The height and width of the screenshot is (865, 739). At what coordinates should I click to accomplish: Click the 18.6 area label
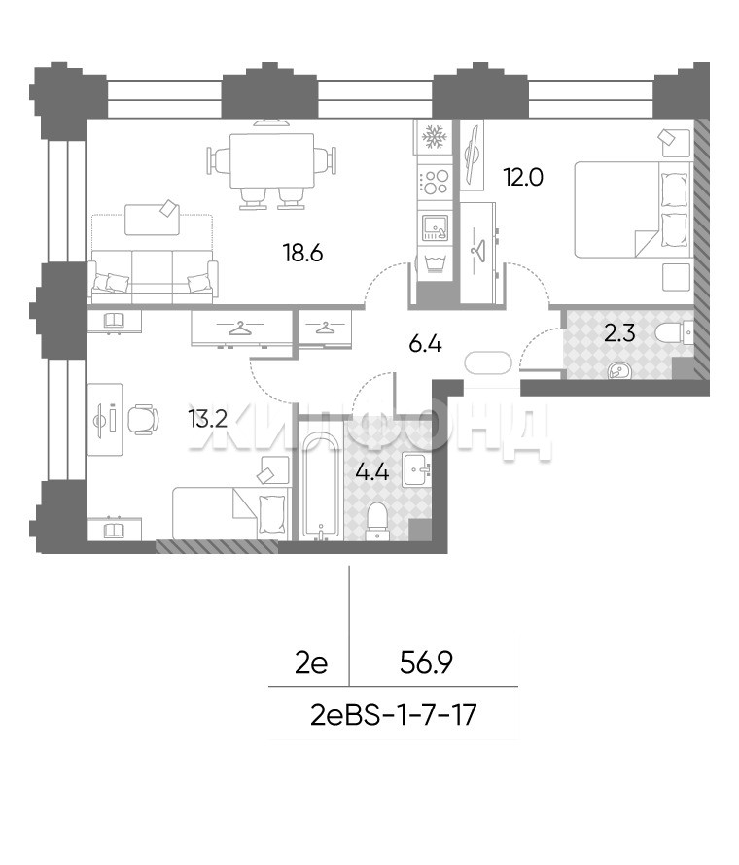302,254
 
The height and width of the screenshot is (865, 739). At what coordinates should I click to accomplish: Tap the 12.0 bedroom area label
523,178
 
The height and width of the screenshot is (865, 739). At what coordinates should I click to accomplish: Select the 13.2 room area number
207,420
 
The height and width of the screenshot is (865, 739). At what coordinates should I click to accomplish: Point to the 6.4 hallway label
425,345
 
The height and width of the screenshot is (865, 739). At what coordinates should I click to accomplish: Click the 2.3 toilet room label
619,333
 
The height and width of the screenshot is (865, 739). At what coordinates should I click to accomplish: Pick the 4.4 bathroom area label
372,472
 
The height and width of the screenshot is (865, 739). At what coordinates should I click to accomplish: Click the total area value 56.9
426,663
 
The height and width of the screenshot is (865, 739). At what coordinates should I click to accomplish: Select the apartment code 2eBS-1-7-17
393,716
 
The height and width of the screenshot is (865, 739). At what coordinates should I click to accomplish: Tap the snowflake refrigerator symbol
434,137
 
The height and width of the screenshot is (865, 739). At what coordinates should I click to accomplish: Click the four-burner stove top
435,182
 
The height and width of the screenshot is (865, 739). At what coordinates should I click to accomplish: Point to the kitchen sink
436,227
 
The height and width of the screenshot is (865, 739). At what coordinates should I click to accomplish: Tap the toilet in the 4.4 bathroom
377,520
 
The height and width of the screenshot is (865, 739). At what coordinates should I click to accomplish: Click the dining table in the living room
271,160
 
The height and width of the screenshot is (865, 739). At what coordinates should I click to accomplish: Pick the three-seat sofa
153,276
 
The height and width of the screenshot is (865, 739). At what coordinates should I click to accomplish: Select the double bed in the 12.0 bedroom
633,210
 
